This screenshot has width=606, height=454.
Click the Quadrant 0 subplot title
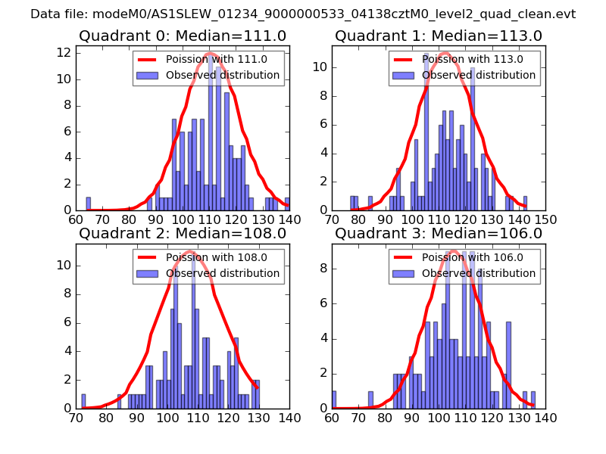click(x=183, y=36)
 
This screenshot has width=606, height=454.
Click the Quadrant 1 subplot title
click(x=439, y=36)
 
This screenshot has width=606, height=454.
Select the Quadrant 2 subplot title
click(x=183, y=233)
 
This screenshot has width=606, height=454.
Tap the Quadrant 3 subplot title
click(x=439, y=233)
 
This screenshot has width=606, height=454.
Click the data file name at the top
click(x=303, y=14)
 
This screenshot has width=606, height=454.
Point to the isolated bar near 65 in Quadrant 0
click(x=89, y=204)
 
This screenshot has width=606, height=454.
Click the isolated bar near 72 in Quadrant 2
click(x=83, y=401)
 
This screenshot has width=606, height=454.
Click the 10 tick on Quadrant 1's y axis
click(x=321, y=67)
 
